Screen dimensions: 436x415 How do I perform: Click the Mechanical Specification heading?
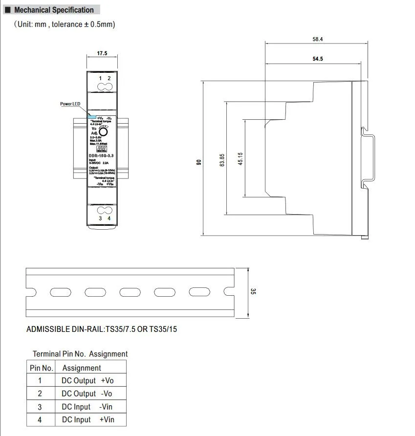tap(54, 10)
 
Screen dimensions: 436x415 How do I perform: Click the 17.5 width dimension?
tap(102, 53)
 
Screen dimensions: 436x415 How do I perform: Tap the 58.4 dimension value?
tap(318, 39)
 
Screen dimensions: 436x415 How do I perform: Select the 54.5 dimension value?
tap(318, 59)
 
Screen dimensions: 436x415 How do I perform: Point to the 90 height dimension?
tap(199, 162)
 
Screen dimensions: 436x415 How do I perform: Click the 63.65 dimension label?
tap(222, 160)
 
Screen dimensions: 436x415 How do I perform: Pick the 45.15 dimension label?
tap(240, 159)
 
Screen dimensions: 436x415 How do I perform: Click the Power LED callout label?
tap(70, 104)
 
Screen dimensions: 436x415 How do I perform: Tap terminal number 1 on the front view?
tap(100, 79)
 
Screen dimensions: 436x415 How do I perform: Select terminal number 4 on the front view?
tap(109, 218)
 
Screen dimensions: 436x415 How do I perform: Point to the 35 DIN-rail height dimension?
tap(253, 292)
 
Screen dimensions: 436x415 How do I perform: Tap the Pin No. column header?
tap(41, 368)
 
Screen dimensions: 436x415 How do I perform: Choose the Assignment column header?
tap(82, 368)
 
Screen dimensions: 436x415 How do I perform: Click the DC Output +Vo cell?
tap(87, 380)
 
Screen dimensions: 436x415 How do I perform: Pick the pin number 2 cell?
tap(40, 393)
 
